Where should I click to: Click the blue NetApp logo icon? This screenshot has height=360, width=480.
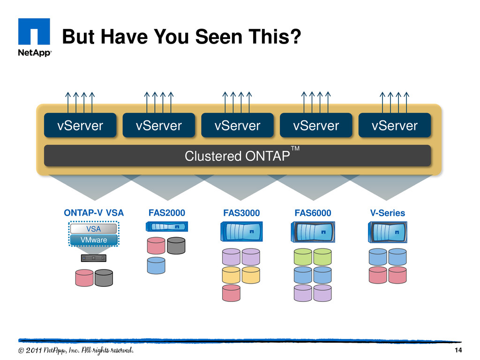(34, 31)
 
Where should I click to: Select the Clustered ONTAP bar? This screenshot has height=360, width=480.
(237, 156)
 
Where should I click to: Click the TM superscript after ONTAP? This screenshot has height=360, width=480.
(295, 149)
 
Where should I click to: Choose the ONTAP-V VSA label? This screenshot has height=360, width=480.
(94, 213)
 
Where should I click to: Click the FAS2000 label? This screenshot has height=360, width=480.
(167, 213)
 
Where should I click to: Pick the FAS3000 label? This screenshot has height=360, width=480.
(241, 213)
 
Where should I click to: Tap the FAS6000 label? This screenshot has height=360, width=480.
(313, 213)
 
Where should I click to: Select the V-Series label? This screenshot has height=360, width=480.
(388, 213)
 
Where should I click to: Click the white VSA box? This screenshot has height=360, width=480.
(93, 229)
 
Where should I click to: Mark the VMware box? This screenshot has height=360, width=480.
(94, 240)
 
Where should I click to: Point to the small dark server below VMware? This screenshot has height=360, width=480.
(94, 258)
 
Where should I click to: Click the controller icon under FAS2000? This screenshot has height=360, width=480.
(167, 226)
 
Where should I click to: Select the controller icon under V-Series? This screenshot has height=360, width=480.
(388, 232)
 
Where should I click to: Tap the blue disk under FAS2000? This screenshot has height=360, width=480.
(156, 265)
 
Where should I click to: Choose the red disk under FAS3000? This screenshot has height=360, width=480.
(231, 293)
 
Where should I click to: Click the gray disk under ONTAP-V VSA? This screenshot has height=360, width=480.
(104, 278)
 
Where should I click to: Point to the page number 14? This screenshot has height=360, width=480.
(458, 350)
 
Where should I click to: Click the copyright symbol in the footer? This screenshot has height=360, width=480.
(21, 351)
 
